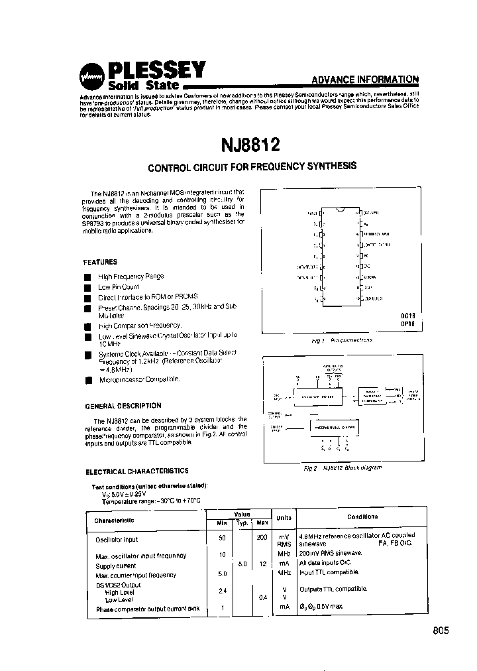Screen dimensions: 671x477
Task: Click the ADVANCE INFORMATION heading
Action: (x=365, y=80)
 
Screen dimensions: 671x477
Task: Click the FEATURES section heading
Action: (x=100, y=263)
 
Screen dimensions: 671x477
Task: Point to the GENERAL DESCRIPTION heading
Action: (x=123, y=406)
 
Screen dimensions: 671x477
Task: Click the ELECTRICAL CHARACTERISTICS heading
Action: (x=137, y=471)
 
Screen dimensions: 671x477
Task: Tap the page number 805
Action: (x=438, y=631)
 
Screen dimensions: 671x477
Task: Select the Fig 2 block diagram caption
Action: (x=343, y=467)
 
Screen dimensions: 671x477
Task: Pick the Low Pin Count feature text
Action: (x=119, y=287)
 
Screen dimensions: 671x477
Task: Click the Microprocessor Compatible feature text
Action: (x=139, y=379)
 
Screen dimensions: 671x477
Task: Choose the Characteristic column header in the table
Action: (x=115, y=520)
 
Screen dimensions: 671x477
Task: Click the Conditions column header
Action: (x=362, y=517)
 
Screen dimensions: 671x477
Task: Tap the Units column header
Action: (x=284, y=517)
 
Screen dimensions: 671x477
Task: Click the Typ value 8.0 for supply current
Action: (x=242, y=564)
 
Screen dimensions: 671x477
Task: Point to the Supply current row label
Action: (x=116, y=566)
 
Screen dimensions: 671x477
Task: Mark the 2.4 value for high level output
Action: (x=223, y=589)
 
